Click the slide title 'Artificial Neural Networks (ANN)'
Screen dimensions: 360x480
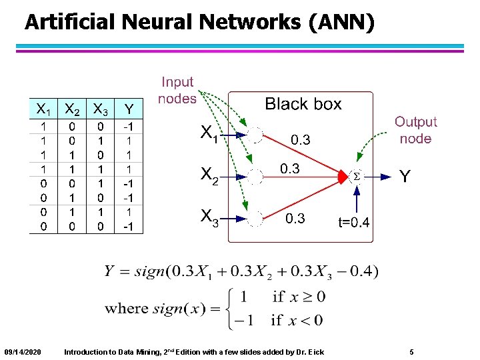coord(199,22)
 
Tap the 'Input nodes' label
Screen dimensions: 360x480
coord(177,91)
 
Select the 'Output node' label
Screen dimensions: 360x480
coord(415,130)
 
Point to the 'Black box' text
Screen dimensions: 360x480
coord(303,104)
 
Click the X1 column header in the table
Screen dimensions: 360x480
coord(44,108)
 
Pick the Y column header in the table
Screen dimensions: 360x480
coord(129,108)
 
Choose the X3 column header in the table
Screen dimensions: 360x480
coord(101,108)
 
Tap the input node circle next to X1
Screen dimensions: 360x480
coord(256,134)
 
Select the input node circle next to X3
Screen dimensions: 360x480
coord(256,219)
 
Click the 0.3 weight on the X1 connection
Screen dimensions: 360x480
coord(300,140)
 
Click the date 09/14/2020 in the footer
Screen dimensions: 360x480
coord(22,351)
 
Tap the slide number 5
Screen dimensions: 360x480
coord(412,351)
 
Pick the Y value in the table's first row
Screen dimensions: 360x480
coord(129,126)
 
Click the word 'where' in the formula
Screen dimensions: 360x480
coord(127,309)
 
